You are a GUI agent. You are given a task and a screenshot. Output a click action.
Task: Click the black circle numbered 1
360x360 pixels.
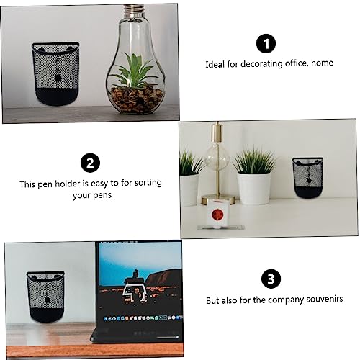tap(266, 43)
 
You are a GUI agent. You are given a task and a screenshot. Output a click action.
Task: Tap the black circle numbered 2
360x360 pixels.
tap(90, 163)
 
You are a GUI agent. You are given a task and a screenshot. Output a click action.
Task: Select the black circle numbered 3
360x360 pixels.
tap(271, 279)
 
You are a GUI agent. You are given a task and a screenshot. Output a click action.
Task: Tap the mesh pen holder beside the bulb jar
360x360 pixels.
tap(56, 73)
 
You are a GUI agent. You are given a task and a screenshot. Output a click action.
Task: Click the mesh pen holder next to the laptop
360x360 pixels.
tap(46, 297)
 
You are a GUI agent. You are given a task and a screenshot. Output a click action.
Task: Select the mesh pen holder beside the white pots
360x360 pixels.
tap(307, 178)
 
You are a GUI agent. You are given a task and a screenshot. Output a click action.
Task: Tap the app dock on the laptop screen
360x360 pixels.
tap(143, 318)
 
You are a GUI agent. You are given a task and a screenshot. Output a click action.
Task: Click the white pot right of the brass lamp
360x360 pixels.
tap(253, 188)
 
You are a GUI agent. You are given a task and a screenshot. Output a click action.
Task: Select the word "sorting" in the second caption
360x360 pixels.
tap(148, 183)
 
